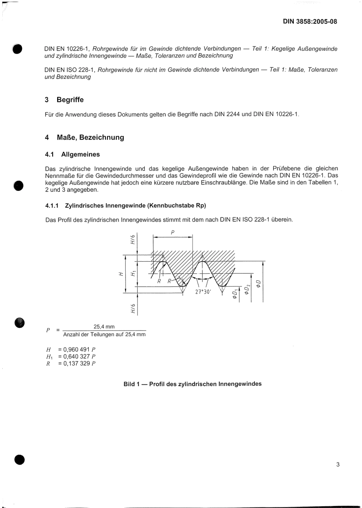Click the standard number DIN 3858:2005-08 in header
[309, 22]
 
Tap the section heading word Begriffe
[70, 100]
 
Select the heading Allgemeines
[80, 154]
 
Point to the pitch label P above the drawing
[173, 232]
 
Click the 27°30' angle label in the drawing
[203, 292]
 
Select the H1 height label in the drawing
[132, 273]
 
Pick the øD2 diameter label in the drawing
[247, 289]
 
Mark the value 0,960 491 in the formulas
[74, 350]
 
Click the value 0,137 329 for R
[74, 363]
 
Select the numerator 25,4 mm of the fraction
[104, 327]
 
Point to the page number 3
[338, 464]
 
